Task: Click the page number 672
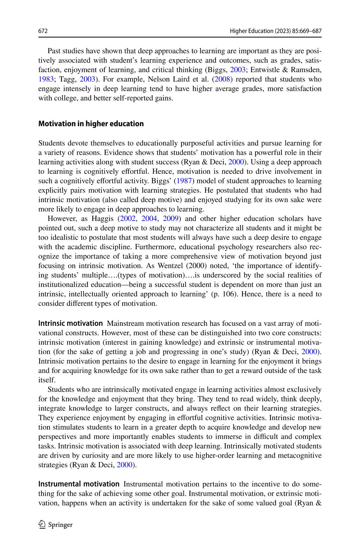coord(43,31)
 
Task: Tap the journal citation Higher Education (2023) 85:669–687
coord(276,31)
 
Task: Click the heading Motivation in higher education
coord(91,124)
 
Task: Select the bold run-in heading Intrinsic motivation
coord(70,323)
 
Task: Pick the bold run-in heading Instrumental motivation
coord(79,484)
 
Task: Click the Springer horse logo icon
coord(42,525)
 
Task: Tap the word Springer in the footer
coord(60,525)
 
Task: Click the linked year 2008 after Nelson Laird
coord(222,79)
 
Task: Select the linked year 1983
coord(46,79)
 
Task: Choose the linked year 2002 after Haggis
coord(127,218)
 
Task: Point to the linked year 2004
coord(149,218)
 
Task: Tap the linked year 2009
coord(171,218)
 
